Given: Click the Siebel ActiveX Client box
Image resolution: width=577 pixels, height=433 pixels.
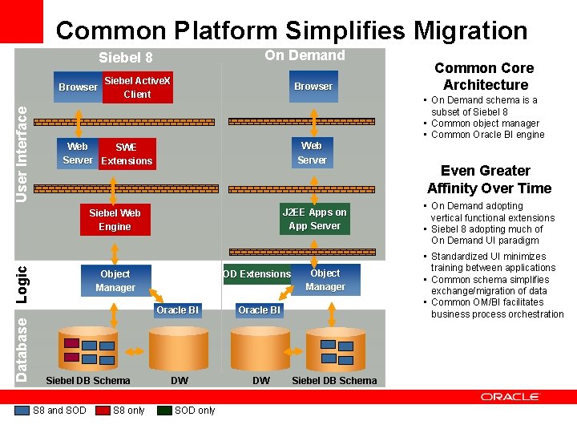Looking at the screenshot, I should pos(137,87).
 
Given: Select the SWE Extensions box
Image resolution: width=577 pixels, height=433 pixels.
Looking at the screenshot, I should pos(127,154).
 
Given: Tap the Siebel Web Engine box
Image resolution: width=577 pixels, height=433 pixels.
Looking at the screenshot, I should pos(115,220).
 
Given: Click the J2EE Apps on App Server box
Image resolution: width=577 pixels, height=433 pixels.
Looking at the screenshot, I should pos(314,219).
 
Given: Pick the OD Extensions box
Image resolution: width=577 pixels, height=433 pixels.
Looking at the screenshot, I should pos(256,274).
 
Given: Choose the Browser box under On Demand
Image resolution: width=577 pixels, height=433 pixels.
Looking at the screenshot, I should pos(313,87).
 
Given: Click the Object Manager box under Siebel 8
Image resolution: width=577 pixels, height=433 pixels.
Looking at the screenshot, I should pos(115,281).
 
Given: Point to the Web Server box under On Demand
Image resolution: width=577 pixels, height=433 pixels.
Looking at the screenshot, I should pos(312,152).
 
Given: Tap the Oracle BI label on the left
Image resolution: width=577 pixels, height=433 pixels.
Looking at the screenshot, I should pos(177,310).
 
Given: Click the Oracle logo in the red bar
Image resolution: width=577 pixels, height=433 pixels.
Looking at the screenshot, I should pos(510,397).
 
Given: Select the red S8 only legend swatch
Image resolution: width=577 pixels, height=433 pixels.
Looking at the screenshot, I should pos(103,411).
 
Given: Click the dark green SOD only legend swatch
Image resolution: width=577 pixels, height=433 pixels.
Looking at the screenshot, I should pos(164,411).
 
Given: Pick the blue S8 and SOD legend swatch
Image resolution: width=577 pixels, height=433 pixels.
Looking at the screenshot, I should pos(22,411).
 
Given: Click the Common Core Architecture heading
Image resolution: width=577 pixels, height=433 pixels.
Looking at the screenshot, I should pos(485,76).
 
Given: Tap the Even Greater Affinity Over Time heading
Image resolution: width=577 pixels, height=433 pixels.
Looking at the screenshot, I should pos(489,180).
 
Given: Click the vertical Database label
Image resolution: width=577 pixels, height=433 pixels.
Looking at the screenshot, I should pos(22,349).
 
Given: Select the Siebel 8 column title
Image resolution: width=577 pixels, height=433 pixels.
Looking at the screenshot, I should pos(125,58).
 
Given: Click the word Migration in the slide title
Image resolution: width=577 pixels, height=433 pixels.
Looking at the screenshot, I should pos(470,30).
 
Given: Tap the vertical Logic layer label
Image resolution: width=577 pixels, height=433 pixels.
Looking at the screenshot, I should pos(22,285).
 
